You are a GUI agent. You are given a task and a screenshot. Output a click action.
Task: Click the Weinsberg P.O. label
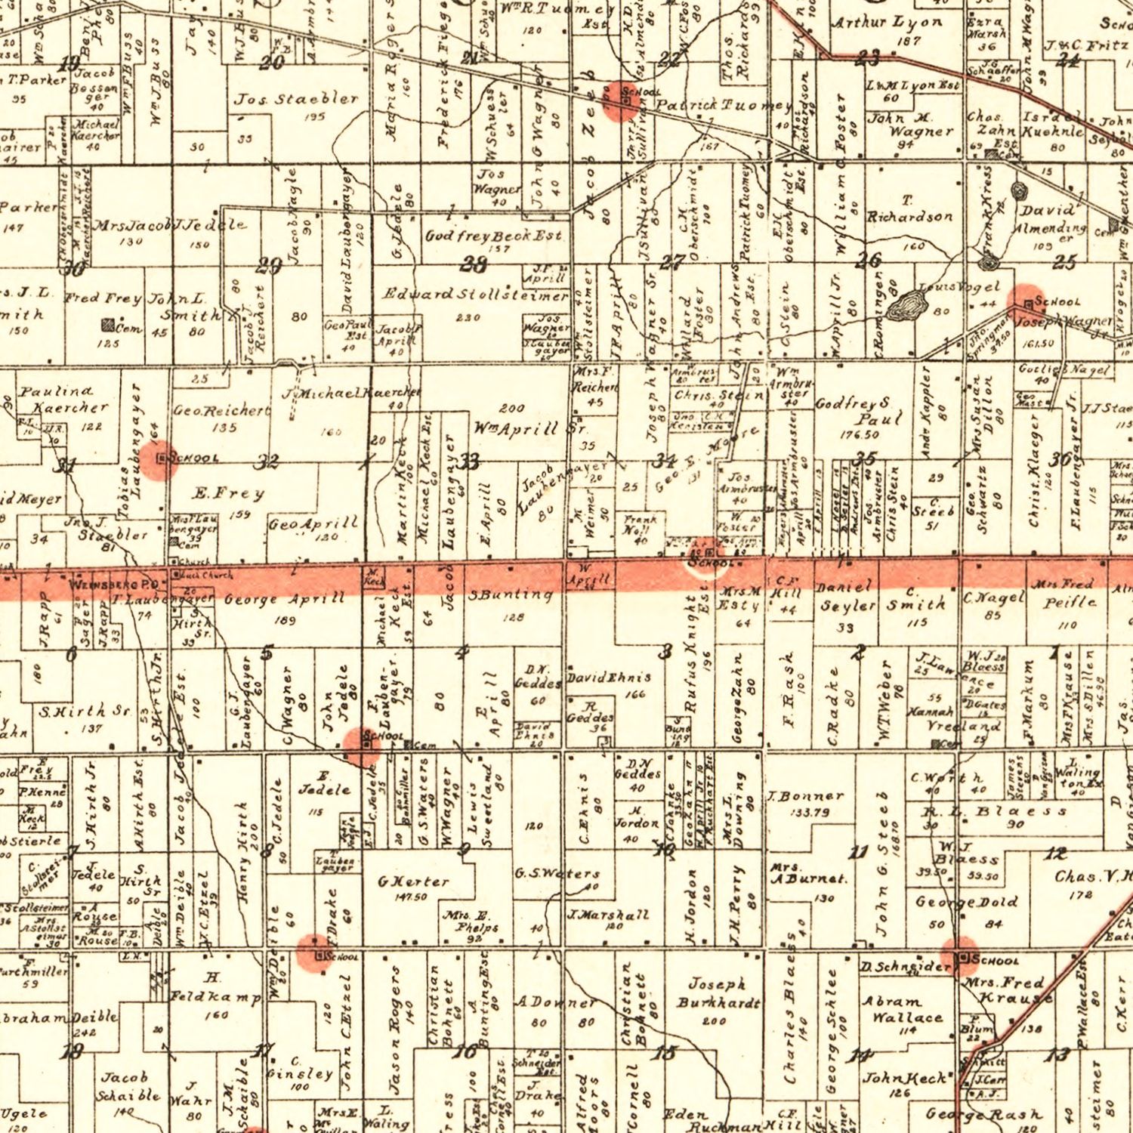point(113,584)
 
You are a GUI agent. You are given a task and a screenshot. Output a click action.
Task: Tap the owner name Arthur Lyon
point(887,23)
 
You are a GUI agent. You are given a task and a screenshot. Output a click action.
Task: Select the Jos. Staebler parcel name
point(296,99)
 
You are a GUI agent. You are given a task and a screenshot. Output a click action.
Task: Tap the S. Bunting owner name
point(510,595)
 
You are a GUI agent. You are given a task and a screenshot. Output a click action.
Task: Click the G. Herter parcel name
point(412,881)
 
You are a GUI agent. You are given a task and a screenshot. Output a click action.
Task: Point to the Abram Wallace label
point(902,1009)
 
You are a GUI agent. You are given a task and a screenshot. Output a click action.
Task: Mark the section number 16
point(465,1051)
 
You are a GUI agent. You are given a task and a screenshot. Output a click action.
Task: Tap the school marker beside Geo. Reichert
point(162,458)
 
